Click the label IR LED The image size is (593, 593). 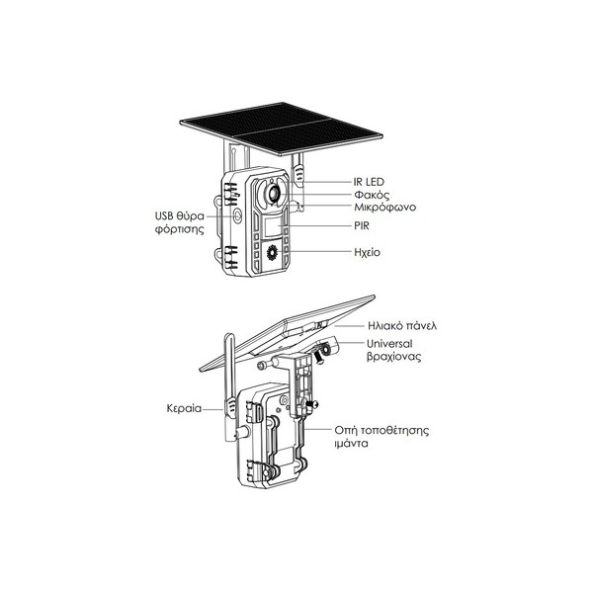369,182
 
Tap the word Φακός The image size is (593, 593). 372,195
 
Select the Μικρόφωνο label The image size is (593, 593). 385,208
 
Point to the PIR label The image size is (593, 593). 362,225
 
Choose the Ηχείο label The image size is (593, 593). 368,252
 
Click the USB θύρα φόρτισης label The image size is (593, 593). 180,222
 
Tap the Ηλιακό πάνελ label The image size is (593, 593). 402,325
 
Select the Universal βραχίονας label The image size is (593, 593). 393,350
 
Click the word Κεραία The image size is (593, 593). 184,408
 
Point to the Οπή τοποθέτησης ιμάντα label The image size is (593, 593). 381,437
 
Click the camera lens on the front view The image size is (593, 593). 273,194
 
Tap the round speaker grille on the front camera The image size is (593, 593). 272,252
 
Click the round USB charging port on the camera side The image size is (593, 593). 237,215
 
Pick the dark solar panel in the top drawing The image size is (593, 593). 282,128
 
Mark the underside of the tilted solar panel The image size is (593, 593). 288,333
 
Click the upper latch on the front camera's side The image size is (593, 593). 230,194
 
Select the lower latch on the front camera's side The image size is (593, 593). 230,257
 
